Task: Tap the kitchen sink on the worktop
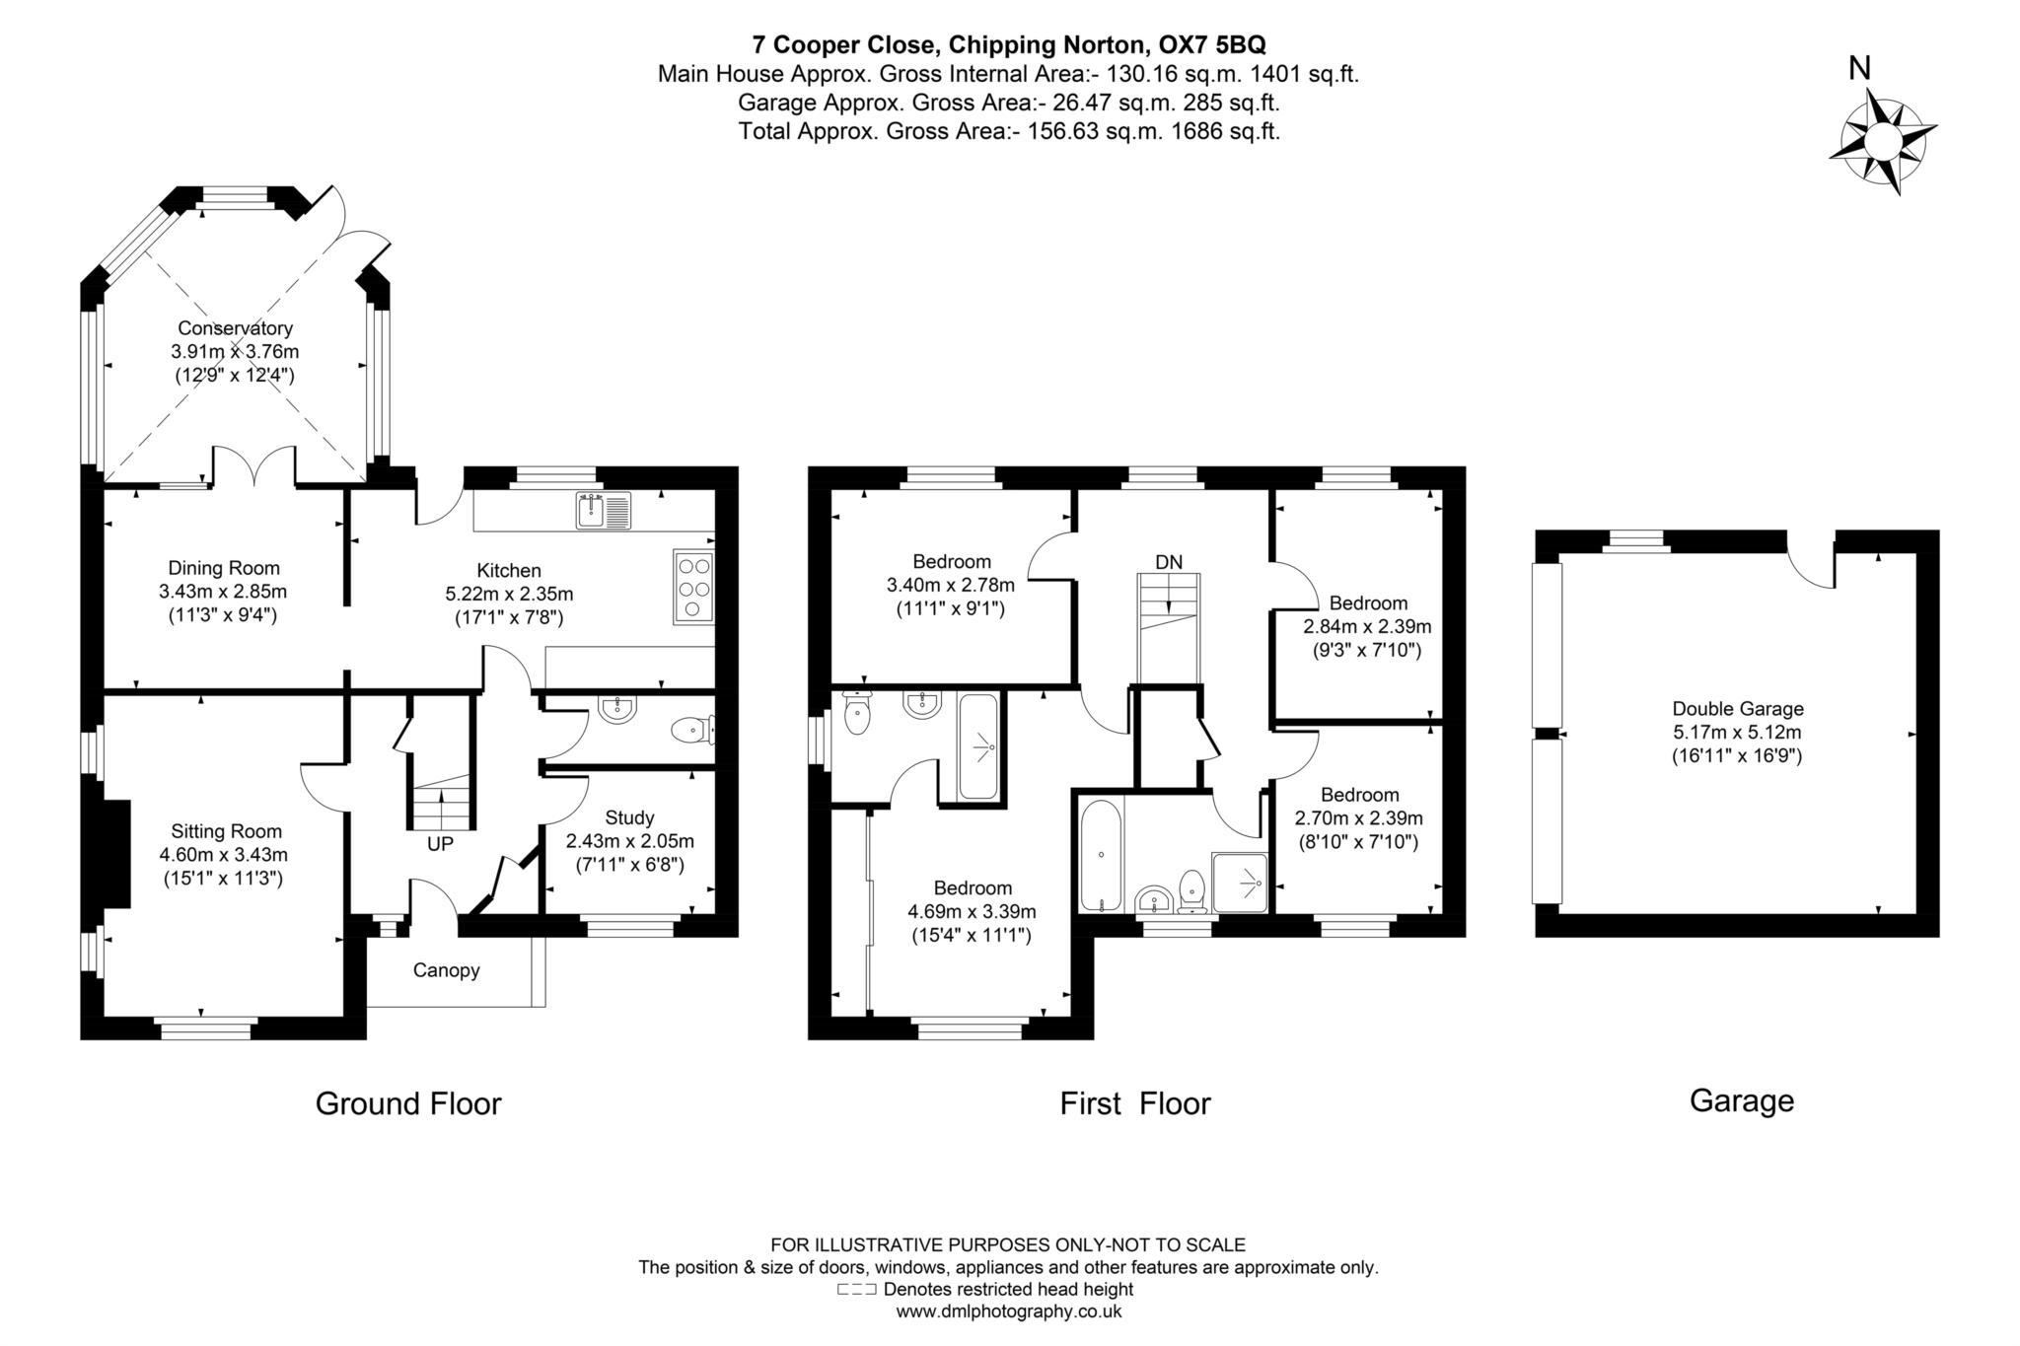(x=603, y=511)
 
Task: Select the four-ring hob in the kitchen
(x=693, y=587)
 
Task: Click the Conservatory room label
(x=235, y=328)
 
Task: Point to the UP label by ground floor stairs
(x=440, y=845)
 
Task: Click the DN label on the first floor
(x=1169, y=562)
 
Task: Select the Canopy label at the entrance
(x=446, y=970)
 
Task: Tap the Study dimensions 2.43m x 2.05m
(x=629, y=841)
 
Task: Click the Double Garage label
(x=1737, y=708)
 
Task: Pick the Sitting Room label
(x=226, y=831)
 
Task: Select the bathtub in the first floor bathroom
(x=1100, y=854)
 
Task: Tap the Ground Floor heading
(x=408, y=1103)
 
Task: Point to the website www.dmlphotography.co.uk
(x=1008, y=1311)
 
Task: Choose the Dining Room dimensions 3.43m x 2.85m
(x=223, y=592)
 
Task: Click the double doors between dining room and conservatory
(x=254, y=467)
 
